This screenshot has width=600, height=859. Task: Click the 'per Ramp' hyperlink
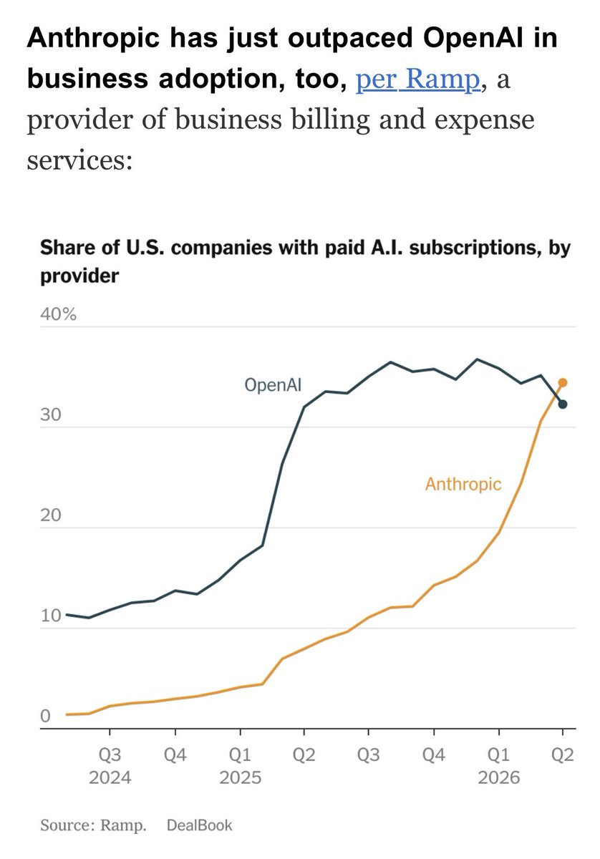click(417, 79)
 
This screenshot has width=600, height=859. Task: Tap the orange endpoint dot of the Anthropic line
click(562, 382)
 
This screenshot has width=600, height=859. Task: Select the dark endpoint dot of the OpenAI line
click(562, 404)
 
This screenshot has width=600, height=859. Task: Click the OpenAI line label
click(273, 384)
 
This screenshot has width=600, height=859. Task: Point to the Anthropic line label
click(463, 484)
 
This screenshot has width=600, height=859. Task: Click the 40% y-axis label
click(58, 314)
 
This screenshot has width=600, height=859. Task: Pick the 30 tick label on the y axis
click(51, 415)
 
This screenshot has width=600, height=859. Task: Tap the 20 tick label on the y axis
click(51, 515)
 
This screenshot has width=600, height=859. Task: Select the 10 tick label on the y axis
click(51, 616)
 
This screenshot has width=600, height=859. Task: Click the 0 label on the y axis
click(45, 716)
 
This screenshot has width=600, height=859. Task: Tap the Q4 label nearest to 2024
click(175, 755)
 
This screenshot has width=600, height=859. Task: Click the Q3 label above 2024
click(110, 755)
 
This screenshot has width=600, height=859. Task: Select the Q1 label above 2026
click(499, 755)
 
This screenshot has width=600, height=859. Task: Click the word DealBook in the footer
click(200, 825)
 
